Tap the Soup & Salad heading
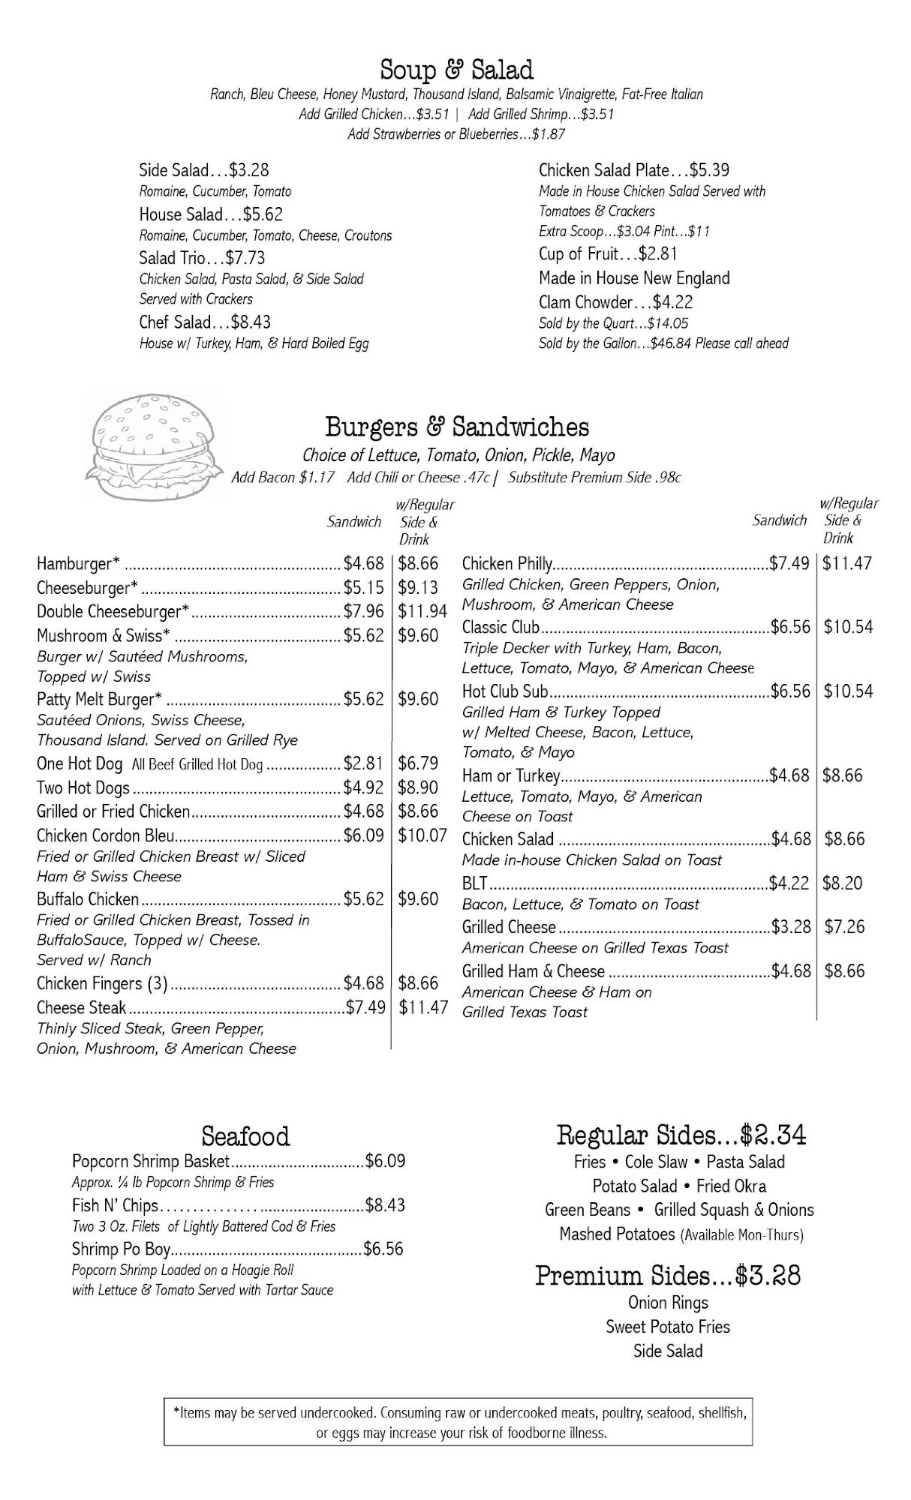point(456,70)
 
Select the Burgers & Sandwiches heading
point(456,427)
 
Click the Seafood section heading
point(245,1135)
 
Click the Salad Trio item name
point(172,258)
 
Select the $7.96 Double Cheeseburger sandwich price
point(363,611)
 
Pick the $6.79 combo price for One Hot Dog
point(418,763)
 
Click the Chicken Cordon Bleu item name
point(106,835)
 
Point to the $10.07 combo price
point(422,835)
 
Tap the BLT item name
point(475,883)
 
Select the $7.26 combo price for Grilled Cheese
point(844,927)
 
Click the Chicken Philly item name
point(507,563)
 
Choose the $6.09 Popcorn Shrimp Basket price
point(385,1162)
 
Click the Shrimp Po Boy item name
point(122,1249)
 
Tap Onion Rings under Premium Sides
point(668,1303)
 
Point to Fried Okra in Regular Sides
point(731,1186)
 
